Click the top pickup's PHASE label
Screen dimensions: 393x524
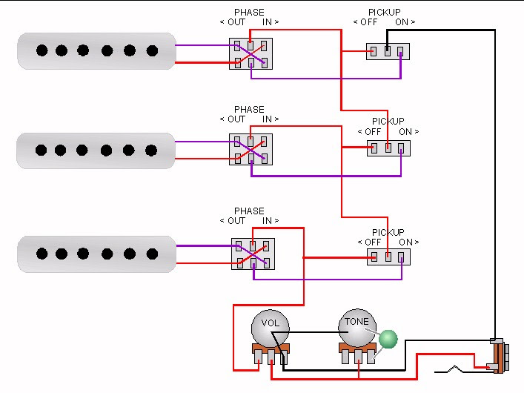pos(249,13)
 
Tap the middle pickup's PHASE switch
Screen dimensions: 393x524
pos(251,149)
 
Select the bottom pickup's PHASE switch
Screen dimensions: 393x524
pos(253,254)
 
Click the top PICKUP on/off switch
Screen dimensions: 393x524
pos(388,51)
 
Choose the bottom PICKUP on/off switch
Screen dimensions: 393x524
pos(388,257)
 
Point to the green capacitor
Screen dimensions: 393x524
pos(388,340)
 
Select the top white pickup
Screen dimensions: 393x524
pos(96,50)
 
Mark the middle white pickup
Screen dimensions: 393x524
pos(96,151)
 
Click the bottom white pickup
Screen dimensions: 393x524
pos(96,254)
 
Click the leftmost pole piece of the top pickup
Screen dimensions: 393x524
pos(42,50)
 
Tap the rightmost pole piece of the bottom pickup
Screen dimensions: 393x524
pos(151,254)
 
